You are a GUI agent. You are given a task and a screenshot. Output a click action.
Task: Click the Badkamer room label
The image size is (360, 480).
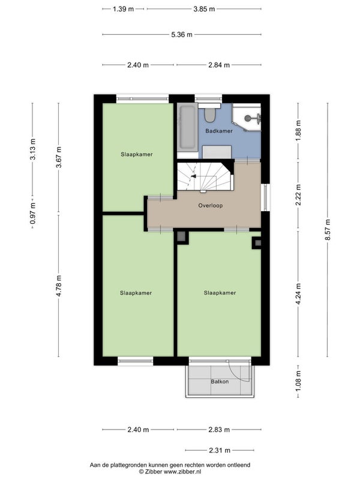pyautogui.click(x=219, y=131)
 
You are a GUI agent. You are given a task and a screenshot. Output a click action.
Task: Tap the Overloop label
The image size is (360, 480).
pyautogui.click(x=211, y=205)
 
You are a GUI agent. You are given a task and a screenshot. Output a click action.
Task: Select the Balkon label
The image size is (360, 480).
pyautogui.click(x=220, y=382)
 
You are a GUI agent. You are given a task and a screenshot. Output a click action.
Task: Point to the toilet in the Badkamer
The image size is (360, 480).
pyautogui.click(x=209, y=113)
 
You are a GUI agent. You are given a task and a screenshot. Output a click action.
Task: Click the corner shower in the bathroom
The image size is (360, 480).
pyautogui.click(x=247, y=118)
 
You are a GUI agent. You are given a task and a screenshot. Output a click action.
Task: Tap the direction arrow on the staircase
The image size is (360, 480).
pyautogui.click(x=193, y=176)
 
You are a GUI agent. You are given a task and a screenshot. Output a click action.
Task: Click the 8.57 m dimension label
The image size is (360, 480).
pyautogui.click(x=328, y=230)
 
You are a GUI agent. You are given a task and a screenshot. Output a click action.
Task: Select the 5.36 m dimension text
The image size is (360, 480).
pyautogui.click(x=182, y=35)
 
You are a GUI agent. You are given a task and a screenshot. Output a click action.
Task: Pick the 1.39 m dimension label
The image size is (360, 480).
pyautogui.click(x=124, y=9)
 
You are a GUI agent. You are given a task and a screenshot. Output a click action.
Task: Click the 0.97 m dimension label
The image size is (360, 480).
pyautogui.click(x=33, y=213)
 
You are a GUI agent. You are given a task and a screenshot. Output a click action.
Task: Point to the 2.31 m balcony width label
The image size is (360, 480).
pyautogui.click(x=220, y=451)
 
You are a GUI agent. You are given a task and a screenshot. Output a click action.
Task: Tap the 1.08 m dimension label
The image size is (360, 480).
pyautogui.click(x=298, y=380)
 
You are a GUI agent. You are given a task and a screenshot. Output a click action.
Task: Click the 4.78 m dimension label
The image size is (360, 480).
pyautogui.click(x=59, y=286)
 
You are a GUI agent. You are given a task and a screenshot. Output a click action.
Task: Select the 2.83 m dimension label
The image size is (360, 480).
pyautogui.click(x=219, y=430)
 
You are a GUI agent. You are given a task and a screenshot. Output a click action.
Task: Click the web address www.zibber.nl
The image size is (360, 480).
pyautogui.click(x=182, y=472)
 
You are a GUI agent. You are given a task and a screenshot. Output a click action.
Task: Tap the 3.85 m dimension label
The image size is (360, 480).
pyautogui.click(x=204, y=9)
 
